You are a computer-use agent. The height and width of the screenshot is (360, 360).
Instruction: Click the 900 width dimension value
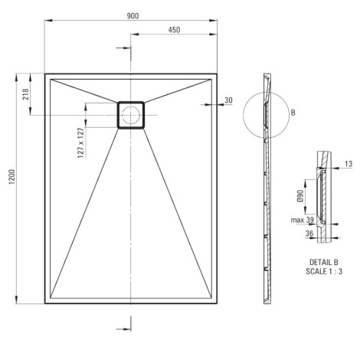[133, 16]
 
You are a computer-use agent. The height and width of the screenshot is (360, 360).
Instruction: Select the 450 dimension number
[174, 30]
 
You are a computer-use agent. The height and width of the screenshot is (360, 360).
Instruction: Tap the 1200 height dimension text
[12, 176]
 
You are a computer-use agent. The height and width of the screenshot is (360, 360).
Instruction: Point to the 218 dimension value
[26, 94]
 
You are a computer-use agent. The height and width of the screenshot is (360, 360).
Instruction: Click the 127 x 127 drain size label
[81, 142]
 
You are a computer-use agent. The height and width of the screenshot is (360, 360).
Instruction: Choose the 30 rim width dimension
[228, 100]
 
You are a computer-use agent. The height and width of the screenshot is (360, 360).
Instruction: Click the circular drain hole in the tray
[131, 115]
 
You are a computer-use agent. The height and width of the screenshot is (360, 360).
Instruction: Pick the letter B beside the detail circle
[293, 113]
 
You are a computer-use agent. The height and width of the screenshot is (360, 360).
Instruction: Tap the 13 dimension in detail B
[349, 164]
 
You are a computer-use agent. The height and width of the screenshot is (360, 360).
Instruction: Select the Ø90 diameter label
[300, 196]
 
